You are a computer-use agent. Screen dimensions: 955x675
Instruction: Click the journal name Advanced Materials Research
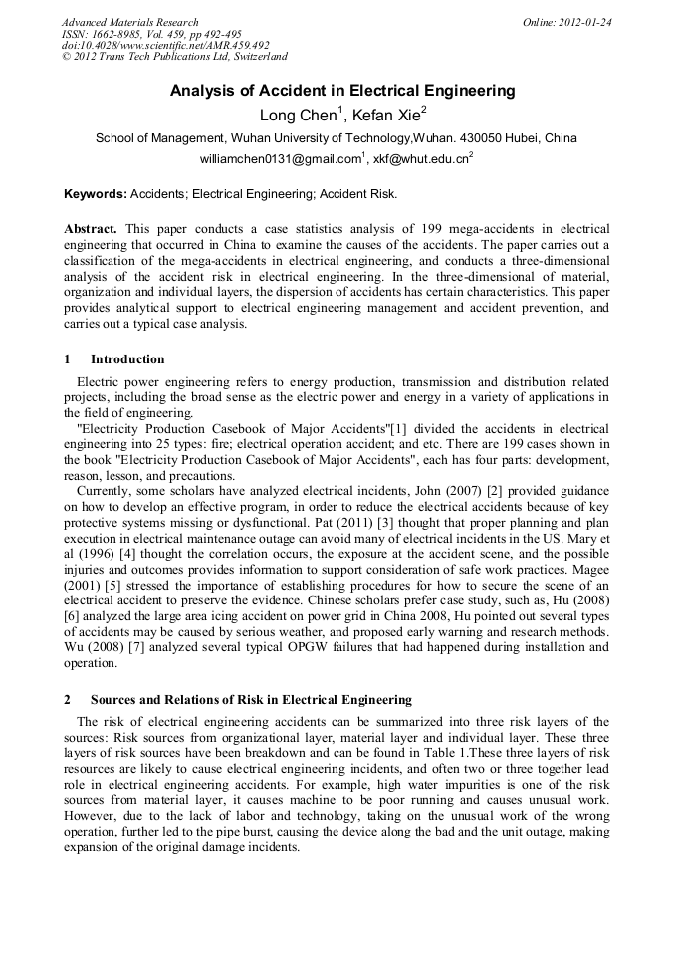[130, 22]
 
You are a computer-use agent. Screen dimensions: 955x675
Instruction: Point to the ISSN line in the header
[151, 34]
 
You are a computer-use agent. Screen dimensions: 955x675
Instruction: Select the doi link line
[165, 46]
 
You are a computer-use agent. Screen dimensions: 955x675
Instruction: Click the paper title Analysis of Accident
[342, 91]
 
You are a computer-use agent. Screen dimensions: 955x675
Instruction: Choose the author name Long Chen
[298, 115]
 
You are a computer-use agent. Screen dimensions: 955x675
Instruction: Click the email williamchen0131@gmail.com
[281, 158]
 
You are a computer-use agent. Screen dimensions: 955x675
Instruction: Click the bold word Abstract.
[91, 229]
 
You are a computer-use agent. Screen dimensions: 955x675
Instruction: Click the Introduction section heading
[127, 359]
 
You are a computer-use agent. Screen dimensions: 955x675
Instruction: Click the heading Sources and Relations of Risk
[251, 700]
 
